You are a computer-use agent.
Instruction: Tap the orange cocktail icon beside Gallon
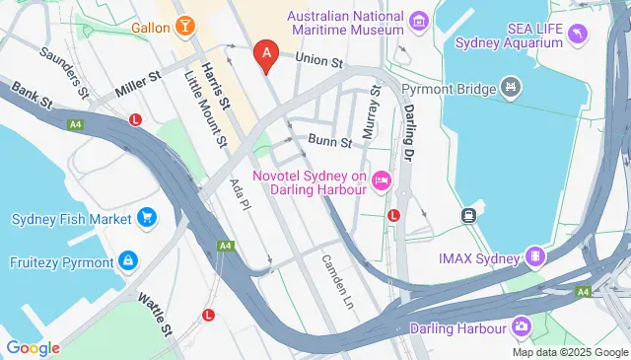pyautogui.click(x=184, y=25)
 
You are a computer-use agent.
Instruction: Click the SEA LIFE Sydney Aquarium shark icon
pyautogui.click(x=576, y=35)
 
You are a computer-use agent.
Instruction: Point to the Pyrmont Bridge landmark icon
pyautogui.click(x=511, y=88)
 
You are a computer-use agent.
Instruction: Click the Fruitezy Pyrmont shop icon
pyautogui.click(x=126, y=260)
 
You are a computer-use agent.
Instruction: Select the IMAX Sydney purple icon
pyautogui.click(x=535, y=258)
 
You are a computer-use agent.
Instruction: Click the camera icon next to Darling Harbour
pyautogui.click(x=520, y=326)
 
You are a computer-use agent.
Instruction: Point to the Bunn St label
pyautogui.click(x=330, y=141)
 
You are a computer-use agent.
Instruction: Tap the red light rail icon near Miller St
pyautogui.click(x=135, y=119)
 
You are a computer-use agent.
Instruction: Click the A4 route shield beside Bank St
pyautogui.click(x=74, y=124)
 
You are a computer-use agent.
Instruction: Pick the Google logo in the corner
pyautogui.click(x=33, y=348)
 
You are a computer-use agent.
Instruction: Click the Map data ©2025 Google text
pyautogui.click(x=570, y=352)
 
